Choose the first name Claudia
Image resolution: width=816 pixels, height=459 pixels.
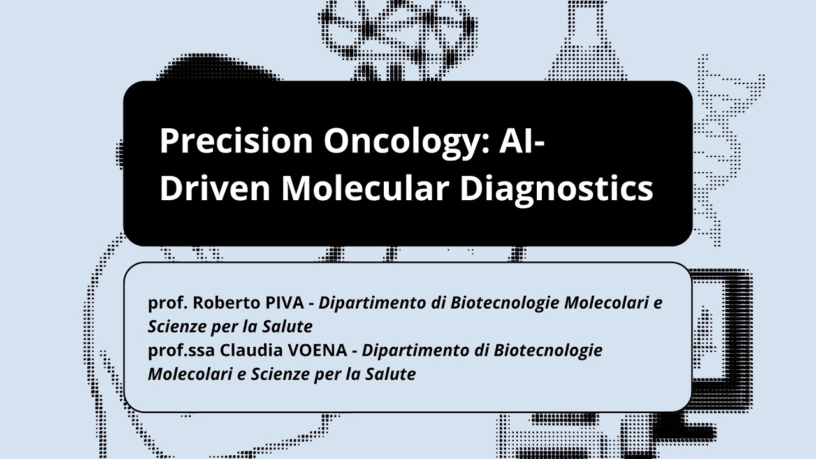click(249, 351)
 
